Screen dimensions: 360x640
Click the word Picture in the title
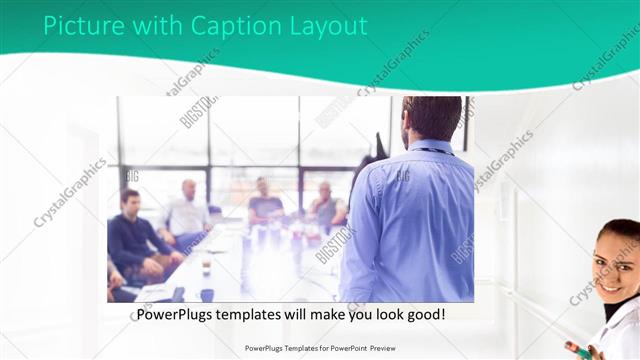(x=78, y=27)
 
